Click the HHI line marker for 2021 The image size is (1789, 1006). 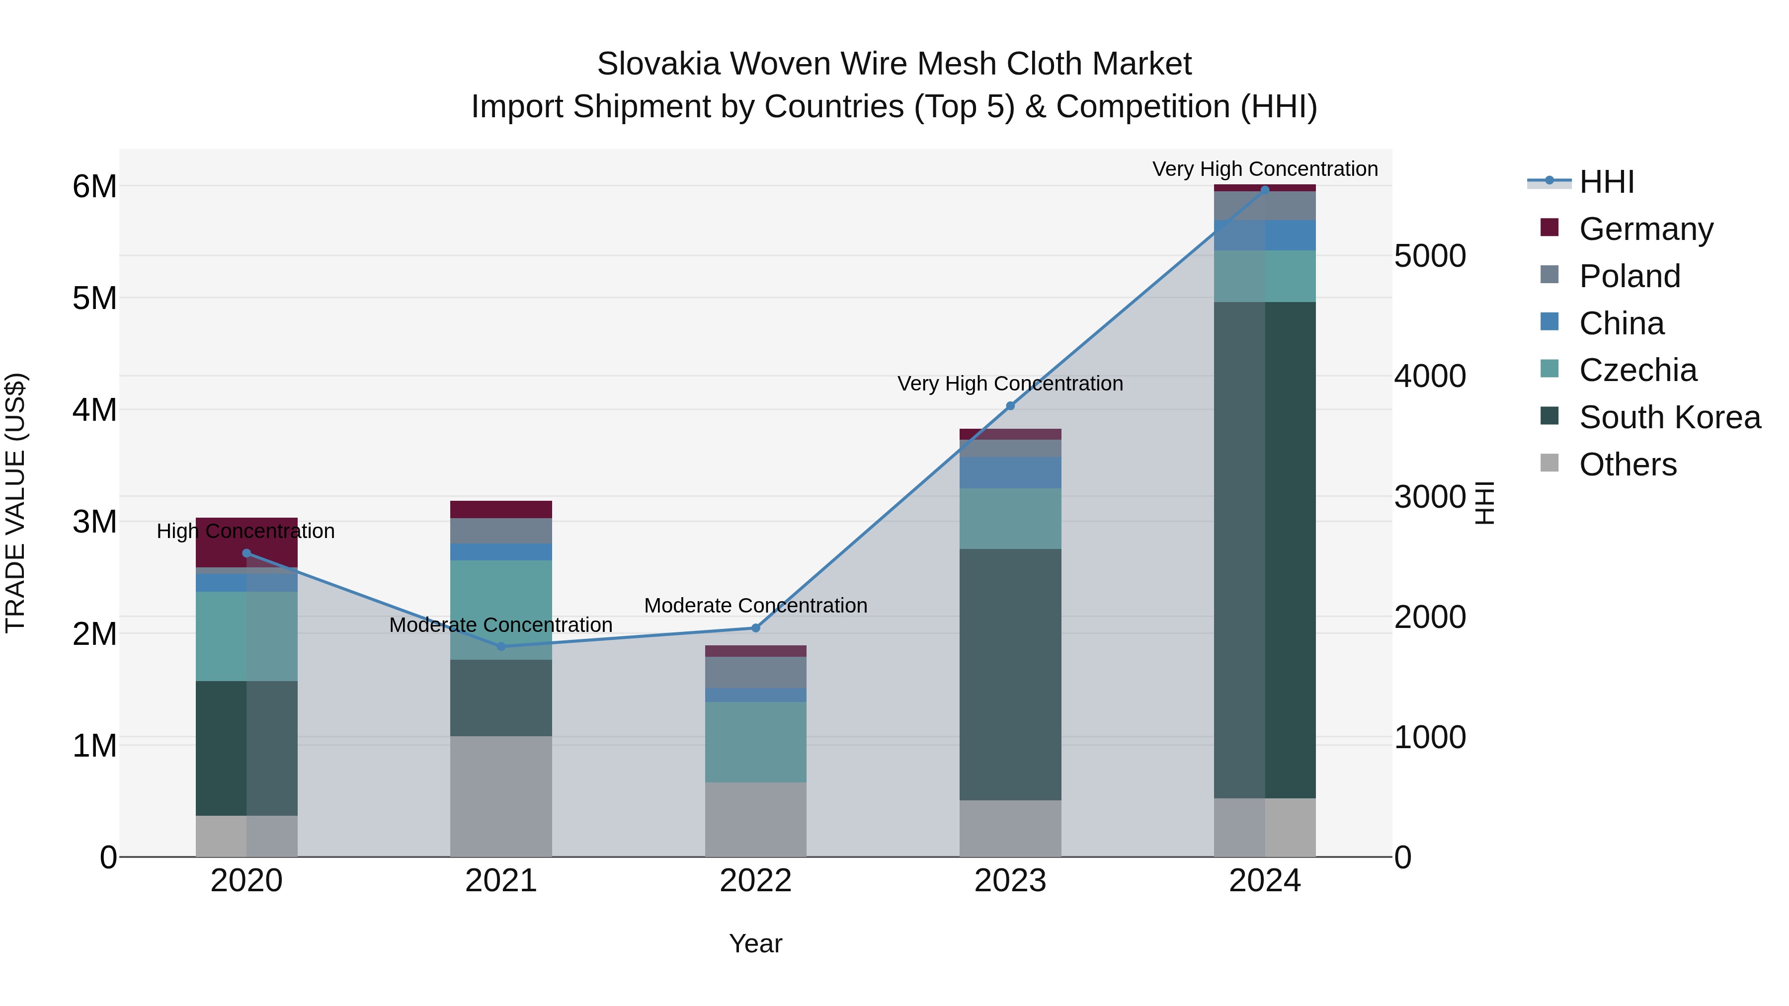[x=501, y=646]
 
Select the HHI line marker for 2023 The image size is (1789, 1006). [x=1010, y=406]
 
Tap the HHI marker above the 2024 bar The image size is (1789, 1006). [x=1265, y=190]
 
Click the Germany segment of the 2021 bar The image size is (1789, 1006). [x=501, y=510]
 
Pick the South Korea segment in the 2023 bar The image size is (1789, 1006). [x=1010, y=674]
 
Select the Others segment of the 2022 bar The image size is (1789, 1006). [x=755, y=819]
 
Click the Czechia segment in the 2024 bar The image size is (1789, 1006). [x=1265, y=276]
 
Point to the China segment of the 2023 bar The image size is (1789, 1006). [x=1010, y=473]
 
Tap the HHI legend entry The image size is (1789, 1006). [x=1606, y=182]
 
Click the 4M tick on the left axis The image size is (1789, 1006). [x=94, y=410]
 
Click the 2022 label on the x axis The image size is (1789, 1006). [x=755, y=881]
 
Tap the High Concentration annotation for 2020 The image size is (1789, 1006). [x=246, y=531]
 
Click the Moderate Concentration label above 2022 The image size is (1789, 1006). [x=755, y=606]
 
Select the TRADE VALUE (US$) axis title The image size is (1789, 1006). [x=15, y=503]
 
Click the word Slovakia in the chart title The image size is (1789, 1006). [x=658, y=64]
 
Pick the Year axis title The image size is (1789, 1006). [x=755, y=943]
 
